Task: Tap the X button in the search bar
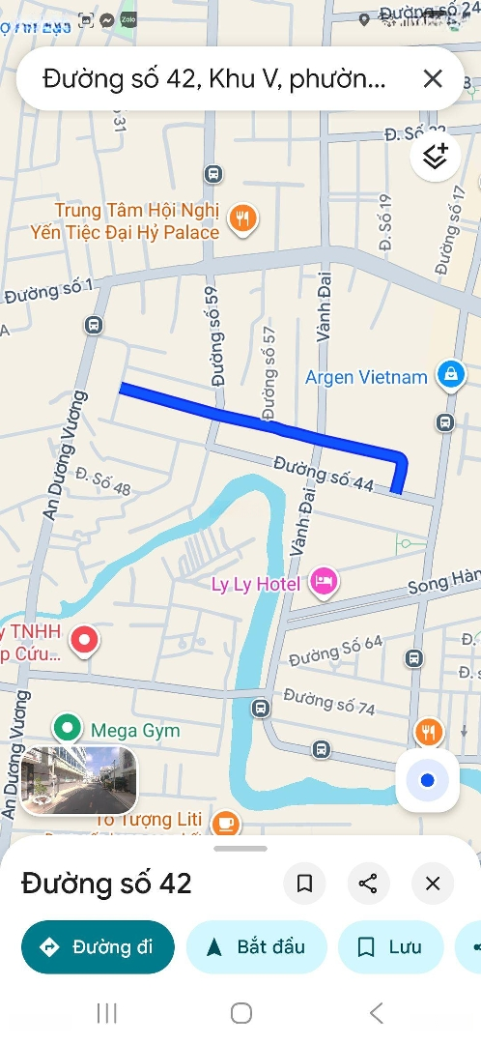point(433,79)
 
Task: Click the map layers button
point(436,157)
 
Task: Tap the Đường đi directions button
point(98,946)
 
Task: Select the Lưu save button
point(390,946)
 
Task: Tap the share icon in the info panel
point(368,883)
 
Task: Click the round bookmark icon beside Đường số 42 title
point(305,883)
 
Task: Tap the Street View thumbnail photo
point(78,779)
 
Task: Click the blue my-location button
point(428,780)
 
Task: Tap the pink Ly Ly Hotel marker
point(324,581)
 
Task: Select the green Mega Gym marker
point(67,727)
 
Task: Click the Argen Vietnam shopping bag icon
point(450,375)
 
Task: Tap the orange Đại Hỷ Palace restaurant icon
point(242,219)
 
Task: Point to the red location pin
point(86,639)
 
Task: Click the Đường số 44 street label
point(324,474)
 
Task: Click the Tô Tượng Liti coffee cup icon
point(226,823)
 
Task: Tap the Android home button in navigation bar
point(241,1012)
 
